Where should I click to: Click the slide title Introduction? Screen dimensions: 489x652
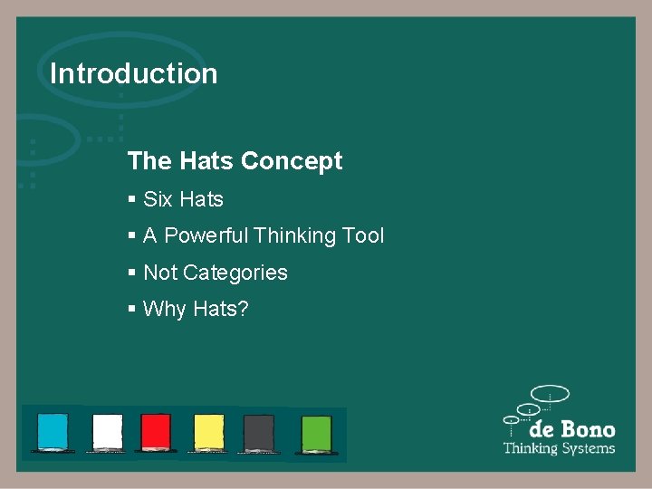point(134,73)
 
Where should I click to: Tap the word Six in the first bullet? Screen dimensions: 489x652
point(158,199)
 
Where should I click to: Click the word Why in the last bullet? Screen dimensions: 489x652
point(163,310)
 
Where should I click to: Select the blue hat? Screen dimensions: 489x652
point(53,431)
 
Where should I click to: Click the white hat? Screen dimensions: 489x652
point(108,431)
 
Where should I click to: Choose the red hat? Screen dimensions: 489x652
point(156,431)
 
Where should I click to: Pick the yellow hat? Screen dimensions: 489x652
point(209,431)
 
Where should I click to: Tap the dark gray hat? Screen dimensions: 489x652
point(259,431)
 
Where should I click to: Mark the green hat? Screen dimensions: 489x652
point(316,431)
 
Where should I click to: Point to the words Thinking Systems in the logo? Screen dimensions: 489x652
point(559,448)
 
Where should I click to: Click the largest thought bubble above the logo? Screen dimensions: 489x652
point(550,394)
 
